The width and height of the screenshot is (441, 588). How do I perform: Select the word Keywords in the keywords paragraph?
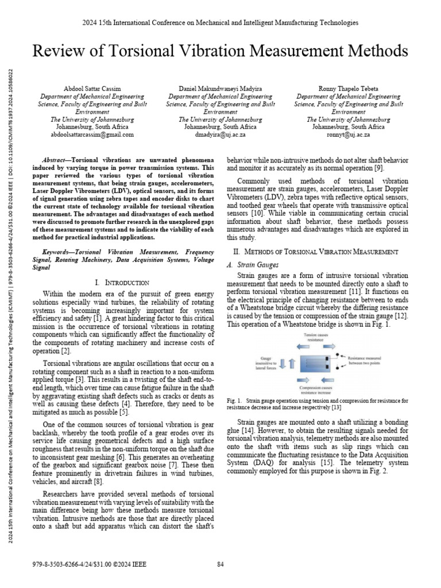click(58, 252)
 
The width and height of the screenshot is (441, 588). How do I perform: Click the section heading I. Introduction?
click(122, 283)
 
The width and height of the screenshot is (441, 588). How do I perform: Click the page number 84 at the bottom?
click(220, 564)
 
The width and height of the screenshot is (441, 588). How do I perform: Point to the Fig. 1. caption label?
click(234, 400)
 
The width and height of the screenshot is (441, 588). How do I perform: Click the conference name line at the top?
click(220, 22)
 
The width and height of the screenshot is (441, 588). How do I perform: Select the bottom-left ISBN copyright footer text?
click(91, 564)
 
